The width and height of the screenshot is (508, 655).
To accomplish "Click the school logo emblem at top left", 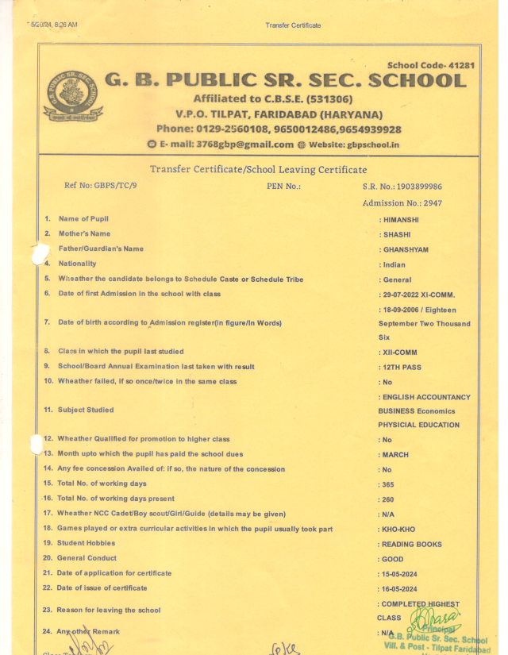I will [72, 93].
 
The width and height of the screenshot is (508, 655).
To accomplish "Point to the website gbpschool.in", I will [361, 144].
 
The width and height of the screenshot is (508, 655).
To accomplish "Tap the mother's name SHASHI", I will [396, 235].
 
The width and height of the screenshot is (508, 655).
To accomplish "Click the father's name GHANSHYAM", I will [405, 250].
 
